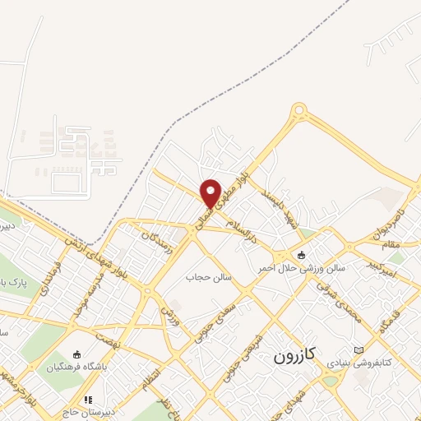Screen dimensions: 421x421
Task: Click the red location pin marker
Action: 210,192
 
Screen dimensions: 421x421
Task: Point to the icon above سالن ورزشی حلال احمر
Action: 302,254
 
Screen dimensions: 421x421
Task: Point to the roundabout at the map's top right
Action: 299,109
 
